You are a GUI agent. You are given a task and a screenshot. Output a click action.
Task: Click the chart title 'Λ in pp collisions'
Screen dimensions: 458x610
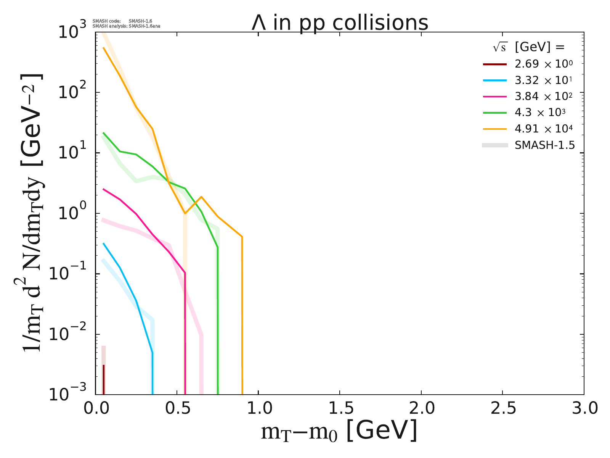(340, 23)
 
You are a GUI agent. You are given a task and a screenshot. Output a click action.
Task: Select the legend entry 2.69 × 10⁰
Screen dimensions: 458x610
(543, 64)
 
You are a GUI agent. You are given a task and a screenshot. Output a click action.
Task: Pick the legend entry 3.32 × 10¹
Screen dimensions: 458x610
(543, 80)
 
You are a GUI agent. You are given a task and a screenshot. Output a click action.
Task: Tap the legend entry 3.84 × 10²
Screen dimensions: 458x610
(543, 97)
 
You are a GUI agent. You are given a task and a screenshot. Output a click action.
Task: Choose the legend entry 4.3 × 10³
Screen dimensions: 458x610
(540, 113)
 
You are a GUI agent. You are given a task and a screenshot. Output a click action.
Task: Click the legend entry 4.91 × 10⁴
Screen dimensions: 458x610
(543, 129)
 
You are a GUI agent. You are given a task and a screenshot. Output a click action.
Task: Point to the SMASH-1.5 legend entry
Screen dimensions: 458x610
(544, 145)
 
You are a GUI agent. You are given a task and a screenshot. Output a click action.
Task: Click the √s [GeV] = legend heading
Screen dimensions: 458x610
(528, 47)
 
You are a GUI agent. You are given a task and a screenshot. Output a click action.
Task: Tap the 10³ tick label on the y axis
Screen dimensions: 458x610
(73, 32)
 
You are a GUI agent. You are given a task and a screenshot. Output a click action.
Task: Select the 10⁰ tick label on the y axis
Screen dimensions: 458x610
(73, 214)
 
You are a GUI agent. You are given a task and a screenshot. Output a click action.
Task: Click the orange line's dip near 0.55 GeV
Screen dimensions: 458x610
(185, 213)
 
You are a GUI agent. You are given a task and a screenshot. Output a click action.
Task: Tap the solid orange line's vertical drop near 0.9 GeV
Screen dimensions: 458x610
(242, 313)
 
